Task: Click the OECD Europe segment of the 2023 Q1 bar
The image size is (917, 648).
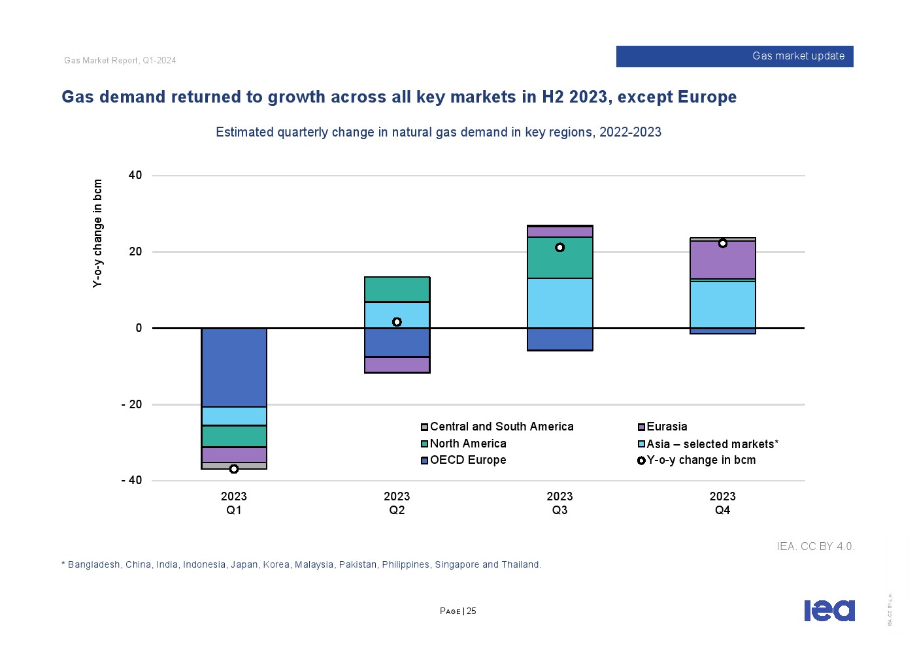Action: (234, 367)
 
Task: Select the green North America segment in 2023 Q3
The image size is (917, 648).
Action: (559, 258)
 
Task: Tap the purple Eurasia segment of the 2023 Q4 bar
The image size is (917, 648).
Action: (722, 260)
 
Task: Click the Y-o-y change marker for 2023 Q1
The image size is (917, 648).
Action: (234, 469)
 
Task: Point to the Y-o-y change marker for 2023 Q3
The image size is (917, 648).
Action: (559, 248)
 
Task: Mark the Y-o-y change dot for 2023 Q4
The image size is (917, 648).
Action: (723, 244)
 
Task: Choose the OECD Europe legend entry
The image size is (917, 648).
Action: (467, 460)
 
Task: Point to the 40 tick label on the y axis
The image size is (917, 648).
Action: (135, 175)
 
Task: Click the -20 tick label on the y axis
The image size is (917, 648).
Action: (131, 404)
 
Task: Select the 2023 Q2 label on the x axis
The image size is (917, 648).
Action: (397, 503)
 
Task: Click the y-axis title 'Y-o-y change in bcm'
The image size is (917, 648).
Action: (98, 233)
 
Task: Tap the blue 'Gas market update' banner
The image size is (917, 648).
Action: (735, 56)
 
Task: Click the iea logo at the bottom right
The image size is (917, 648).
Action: (829, 611)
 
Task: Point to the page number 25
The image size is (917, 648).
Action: (471, 611)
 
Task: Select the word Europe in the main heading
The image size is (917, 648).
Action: (707, 97)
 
